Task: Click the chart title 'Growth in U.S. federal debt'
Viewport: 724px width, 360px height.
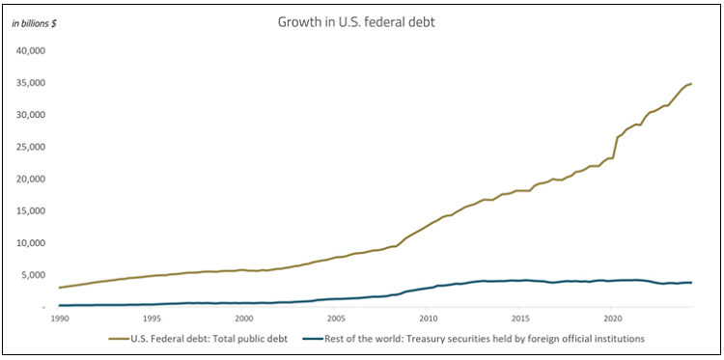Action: click(x=362, y=19)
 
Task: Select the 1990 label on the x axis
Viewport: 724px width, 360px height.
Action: click(x=60, y=318)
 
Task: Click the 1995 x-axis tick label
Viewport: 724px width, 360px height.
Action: click(x=152, y=318)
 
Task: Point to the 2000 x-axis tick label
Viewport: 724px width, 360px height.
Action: click(x=243, y=318)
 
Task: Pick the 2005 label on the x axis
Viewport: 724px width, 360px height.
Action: click(x=335, y=318)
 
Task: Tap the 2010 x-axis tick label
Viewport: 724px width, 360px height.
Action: click(x=428, y=318)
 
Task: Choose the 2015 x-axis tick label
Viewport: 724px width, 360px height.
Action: click(x=519, y=318)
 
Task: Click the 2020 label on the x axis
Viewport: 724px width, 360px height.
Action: click(x=611, y=318)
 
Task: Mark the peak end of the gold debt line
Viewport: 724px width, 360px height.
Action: click(x=691, y=84)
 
